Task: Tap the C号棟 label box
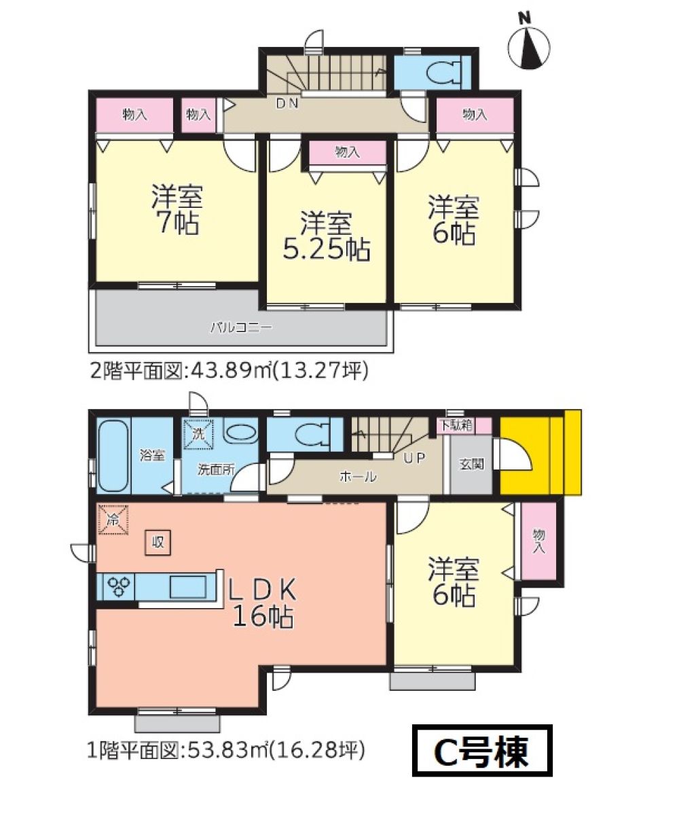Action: coord(482,751)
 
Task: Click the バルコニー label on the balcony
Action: coord(241,327)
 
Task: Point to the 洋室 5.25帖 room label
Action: coord(327,236)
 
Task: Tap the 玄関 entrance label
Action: coord(471,464)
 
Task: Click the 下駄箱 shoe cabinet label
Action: coord(456,425)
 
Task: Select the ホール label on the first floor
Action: coord(358,476)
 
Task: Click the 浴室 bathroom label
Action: coord(152,455)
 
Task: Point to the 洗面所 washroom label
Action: coord(216,469)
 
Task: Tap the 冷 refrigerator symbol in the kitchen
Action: coord(113,520)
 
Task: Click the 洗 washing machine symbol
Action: coord(198,434)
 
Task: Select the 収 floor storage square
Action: coord(158,543)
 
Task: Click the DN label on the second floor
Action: coord(287,103)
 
